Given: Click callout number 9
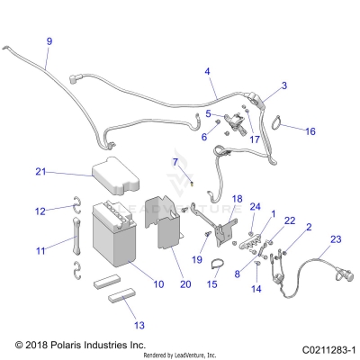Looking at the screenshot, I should (x=49, y=41).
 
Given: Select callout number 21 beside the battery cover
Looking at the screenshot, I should (x=40, y=171).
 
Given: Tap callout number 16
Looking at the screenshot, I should (x=310, y=131).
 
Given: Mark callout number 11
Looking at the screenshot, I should (x=40, y=251).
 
